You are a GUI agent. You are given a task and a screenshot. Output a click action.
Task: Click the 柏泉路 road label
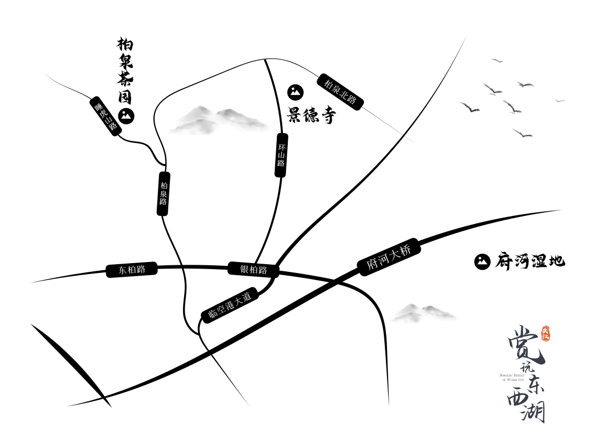(163, 193)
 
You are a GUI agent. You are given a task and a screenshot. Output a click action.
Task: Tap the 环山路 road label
(281, 155)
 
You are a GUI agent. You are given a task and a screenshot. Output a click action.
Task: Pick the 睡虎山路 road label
(106, 117)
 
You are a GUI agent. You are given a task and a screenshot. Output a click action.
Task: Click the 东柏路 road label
(132, 270)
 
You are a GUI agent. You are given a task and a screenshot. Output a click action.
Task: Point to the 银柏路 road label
(253, 269)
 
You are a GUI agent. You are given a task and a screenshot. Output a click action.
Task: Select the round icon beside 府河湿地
(482, 261)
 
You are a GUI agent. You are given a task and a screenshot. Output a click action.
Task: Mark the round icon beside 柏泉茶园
(127, 116)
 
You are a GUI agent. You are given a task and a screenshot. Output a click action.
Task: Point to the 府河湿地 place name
(530, 260)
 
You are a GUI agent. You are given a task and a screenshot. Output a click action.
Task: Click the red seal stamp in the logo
(545, 334)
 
